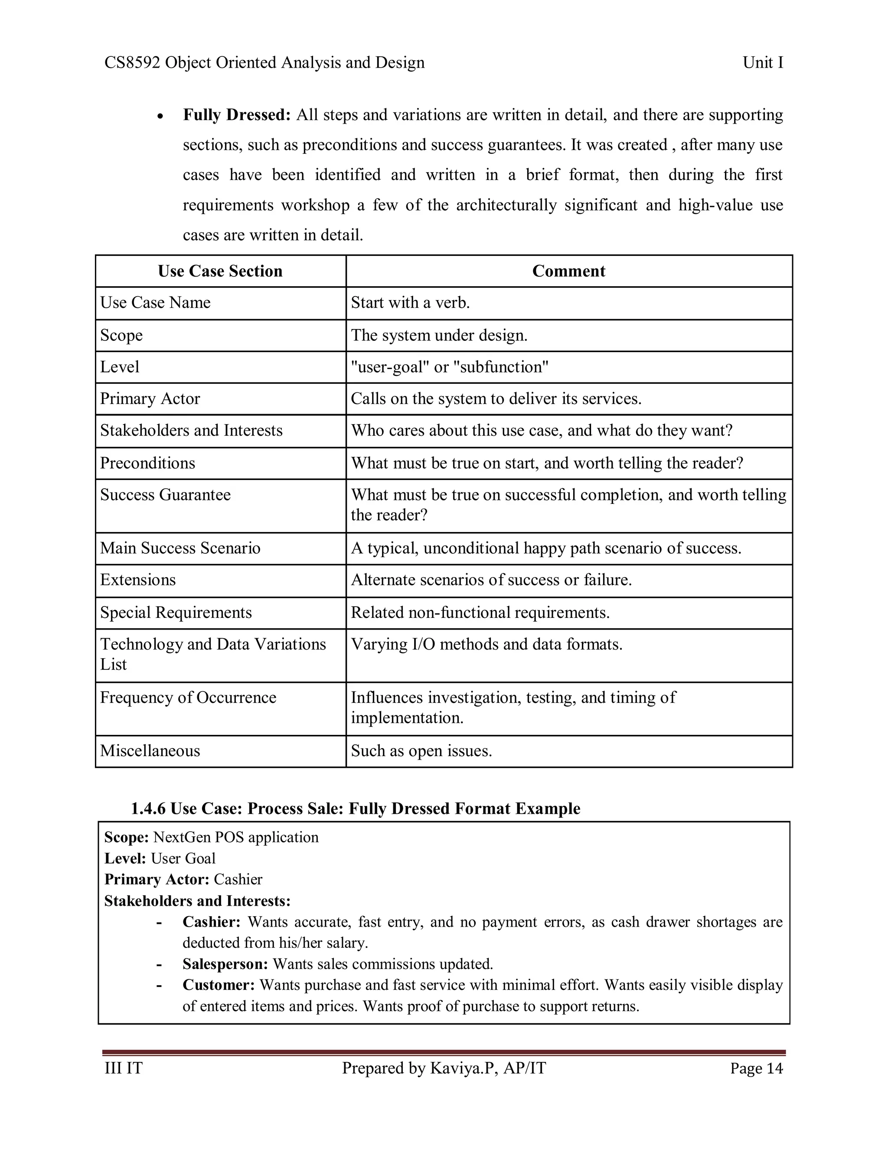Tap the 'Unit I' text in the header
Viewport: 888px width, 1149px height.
click(x=762, y=62)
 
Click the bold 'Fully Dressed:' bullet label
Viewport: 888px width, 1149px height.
click(x=237, y=115)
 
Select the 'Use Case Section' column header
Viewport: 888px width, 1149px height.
click(x=220, y=271)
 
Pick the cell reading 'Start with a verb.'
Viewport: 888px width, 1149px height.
click(x=410, y=303)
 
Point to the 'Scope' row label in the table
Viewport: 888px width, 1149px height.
click(x=121, y=335)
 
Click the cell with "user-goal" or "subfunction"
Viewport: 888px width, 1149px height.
click(x=449, y=367)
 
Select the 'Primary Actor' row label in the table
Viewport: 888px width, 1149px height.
click(x=150, y=398)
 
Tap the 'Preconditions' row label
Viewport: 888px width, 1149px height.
click(x=147, y=463)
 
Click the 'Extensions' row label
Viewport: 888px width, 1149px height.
click(x=138, y=580)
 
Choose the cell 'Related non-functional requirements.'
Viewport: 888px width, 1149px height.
click(x=480, y=612)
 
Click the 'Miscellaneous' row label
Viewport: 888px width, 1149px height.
click(x=150, y=750)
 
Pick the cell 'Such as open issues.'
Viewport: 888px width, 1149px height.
click(x=421, y=750)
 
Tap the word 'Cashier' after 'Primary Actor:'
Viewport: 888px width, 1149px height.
click(x=238, y=879)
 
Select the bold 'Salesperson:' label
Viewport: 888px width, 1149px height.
click(x=225, y=964)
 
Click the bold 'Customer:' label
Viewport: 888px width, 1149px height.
click(x=219, y=985)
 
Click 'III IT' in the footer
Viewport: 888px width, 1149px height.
click(x=124, y=1068)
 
